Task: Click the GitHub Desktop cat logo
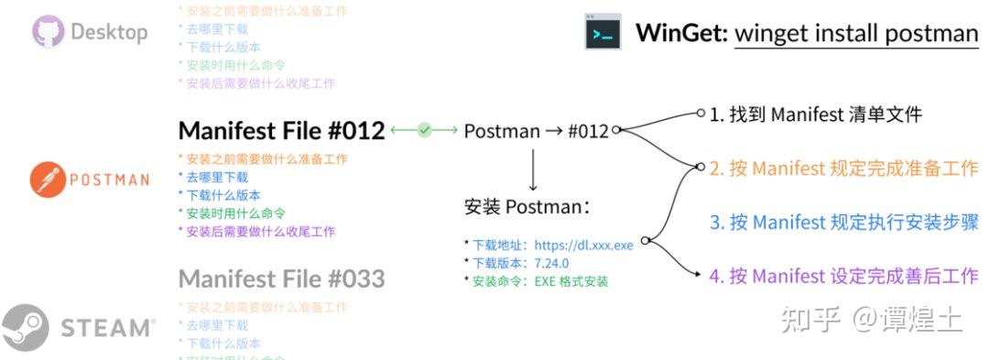coord(48,32)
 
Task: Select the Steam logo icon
coord(25,327)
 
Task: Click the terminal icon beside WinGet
coord(603,33)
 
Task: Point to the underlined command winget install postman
coord(856,34)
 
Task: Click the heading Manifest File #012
coord(281,131)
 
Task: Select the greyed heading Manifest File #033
coord(281,278)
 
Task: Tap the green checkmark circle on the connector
coord(424,131)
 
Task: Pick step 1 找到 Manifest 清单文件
coord(815,115)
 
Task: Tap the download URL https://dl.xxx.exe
coord(584,246)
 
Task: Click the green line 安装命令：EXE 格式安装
coord(540,281)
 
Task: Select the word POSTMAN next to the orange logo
coord(109,180)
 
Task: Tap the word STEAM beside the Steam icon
coord(107,328)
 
